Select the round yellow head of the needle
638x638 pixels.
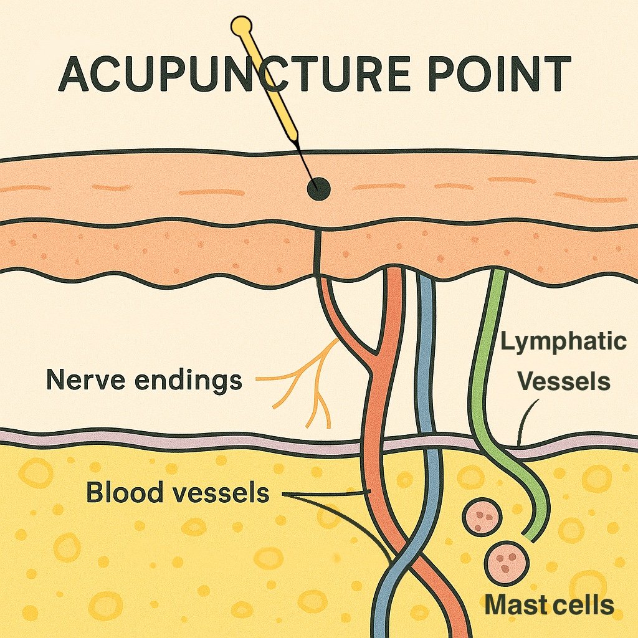[241, 26]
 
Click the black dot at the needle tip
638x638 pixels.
[320, 188]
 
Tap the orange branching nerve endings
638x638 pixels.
[312, 380]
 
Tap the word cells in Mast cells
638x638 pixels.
[582, 604]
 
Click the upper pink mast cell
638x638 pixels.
[481, 515]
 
